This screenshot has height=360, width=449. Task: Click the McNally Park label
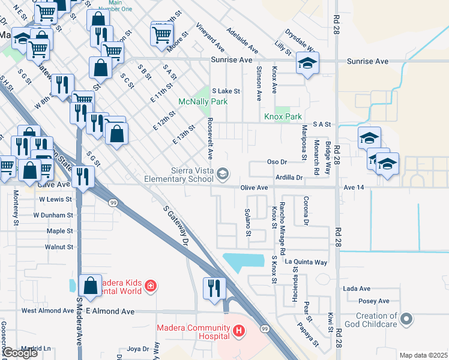pos(202,101)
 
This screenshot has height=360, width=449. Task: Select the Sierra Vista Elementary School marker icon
pos(223,174)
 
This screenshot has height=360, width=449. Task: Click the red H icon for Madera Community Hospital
pos(239,330)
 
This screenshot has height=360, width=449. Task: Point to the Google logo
pos(19,353)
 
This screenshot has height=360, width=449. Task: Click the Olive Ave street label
pos(254,188)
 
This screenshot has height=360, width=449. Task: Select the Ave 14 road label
pos(354,188)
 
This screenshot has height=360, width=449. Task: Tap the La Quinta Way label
pos(306,262)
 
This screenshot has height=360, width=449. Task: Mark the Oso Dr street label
pos(277,162)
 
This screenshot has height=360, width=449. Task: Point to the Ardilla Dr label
pos(289,178)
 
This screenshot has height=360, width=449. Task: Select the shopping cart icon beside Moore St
pos(161,34)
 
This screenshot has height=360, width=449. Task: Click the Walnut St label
pos(58,247)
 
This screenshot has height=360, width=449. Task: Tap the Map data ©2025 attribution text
pos(423,355)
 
